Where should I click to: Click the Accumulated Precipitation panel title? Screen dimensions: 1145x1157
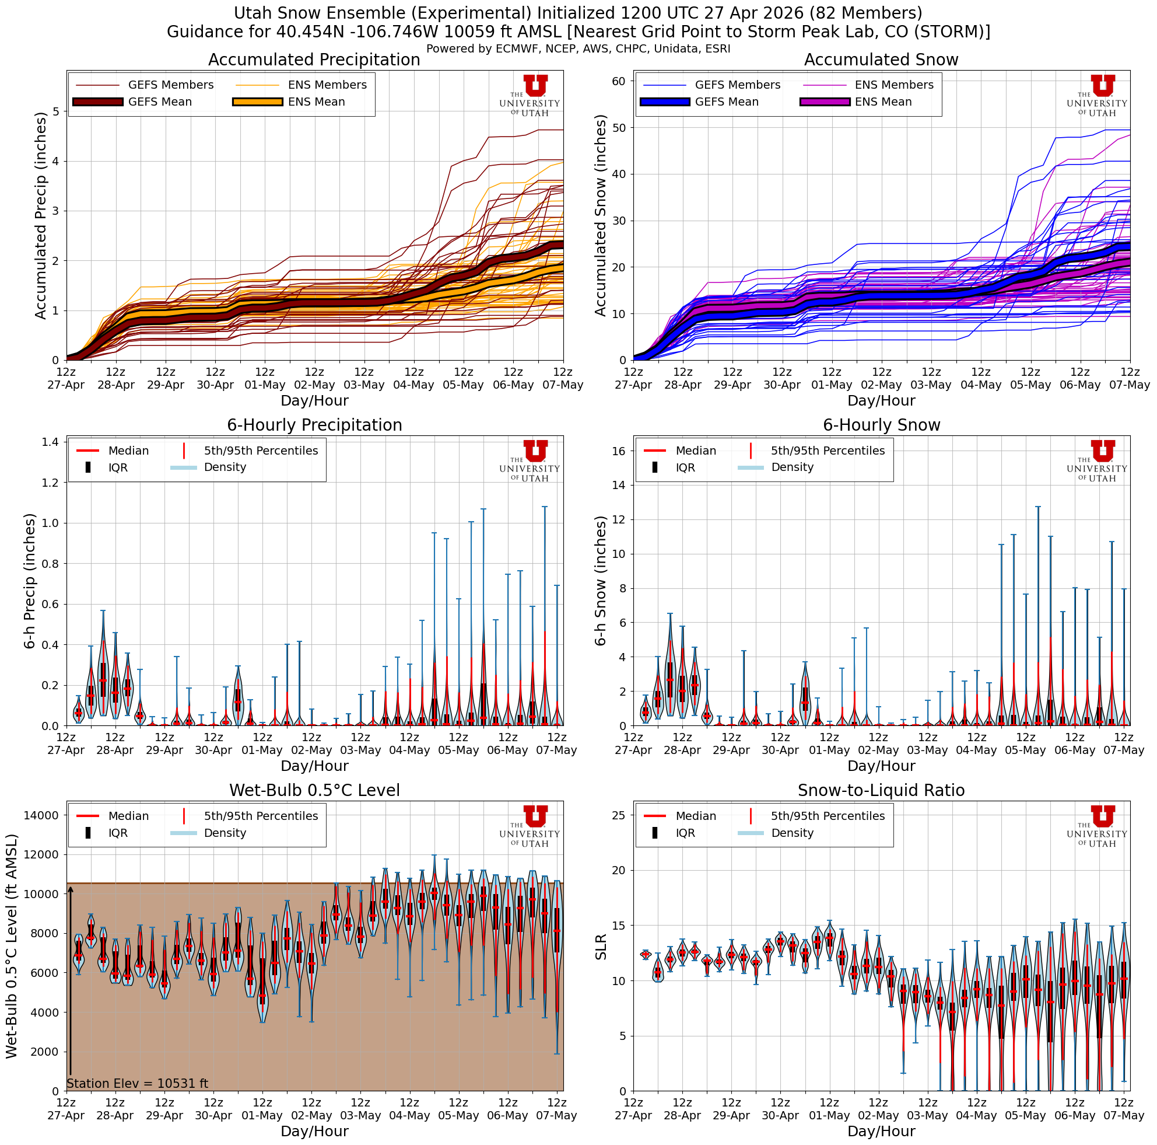[x=314, y=60]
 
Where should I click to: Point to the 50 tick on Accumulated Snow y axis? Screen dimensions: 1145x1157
[x=619, y=128]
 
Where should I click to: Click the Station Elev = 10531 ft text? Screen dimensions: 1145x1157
[x=137, y=1083]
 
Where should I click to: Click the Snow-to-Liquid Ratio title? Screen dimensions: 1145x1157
[x=881, y=790]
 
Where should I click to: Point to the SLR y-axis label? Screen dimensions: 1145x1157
[x=601, y=947]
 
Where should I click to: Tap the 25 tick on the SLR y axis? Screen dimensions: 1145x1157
[x=619, y=815]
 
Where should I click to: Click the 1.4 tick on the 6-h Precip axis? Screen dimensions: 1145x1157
[x=50, y=442]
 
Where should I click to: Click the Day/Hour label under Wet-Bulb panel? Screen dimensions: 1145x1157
[x=314, y=1130]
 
